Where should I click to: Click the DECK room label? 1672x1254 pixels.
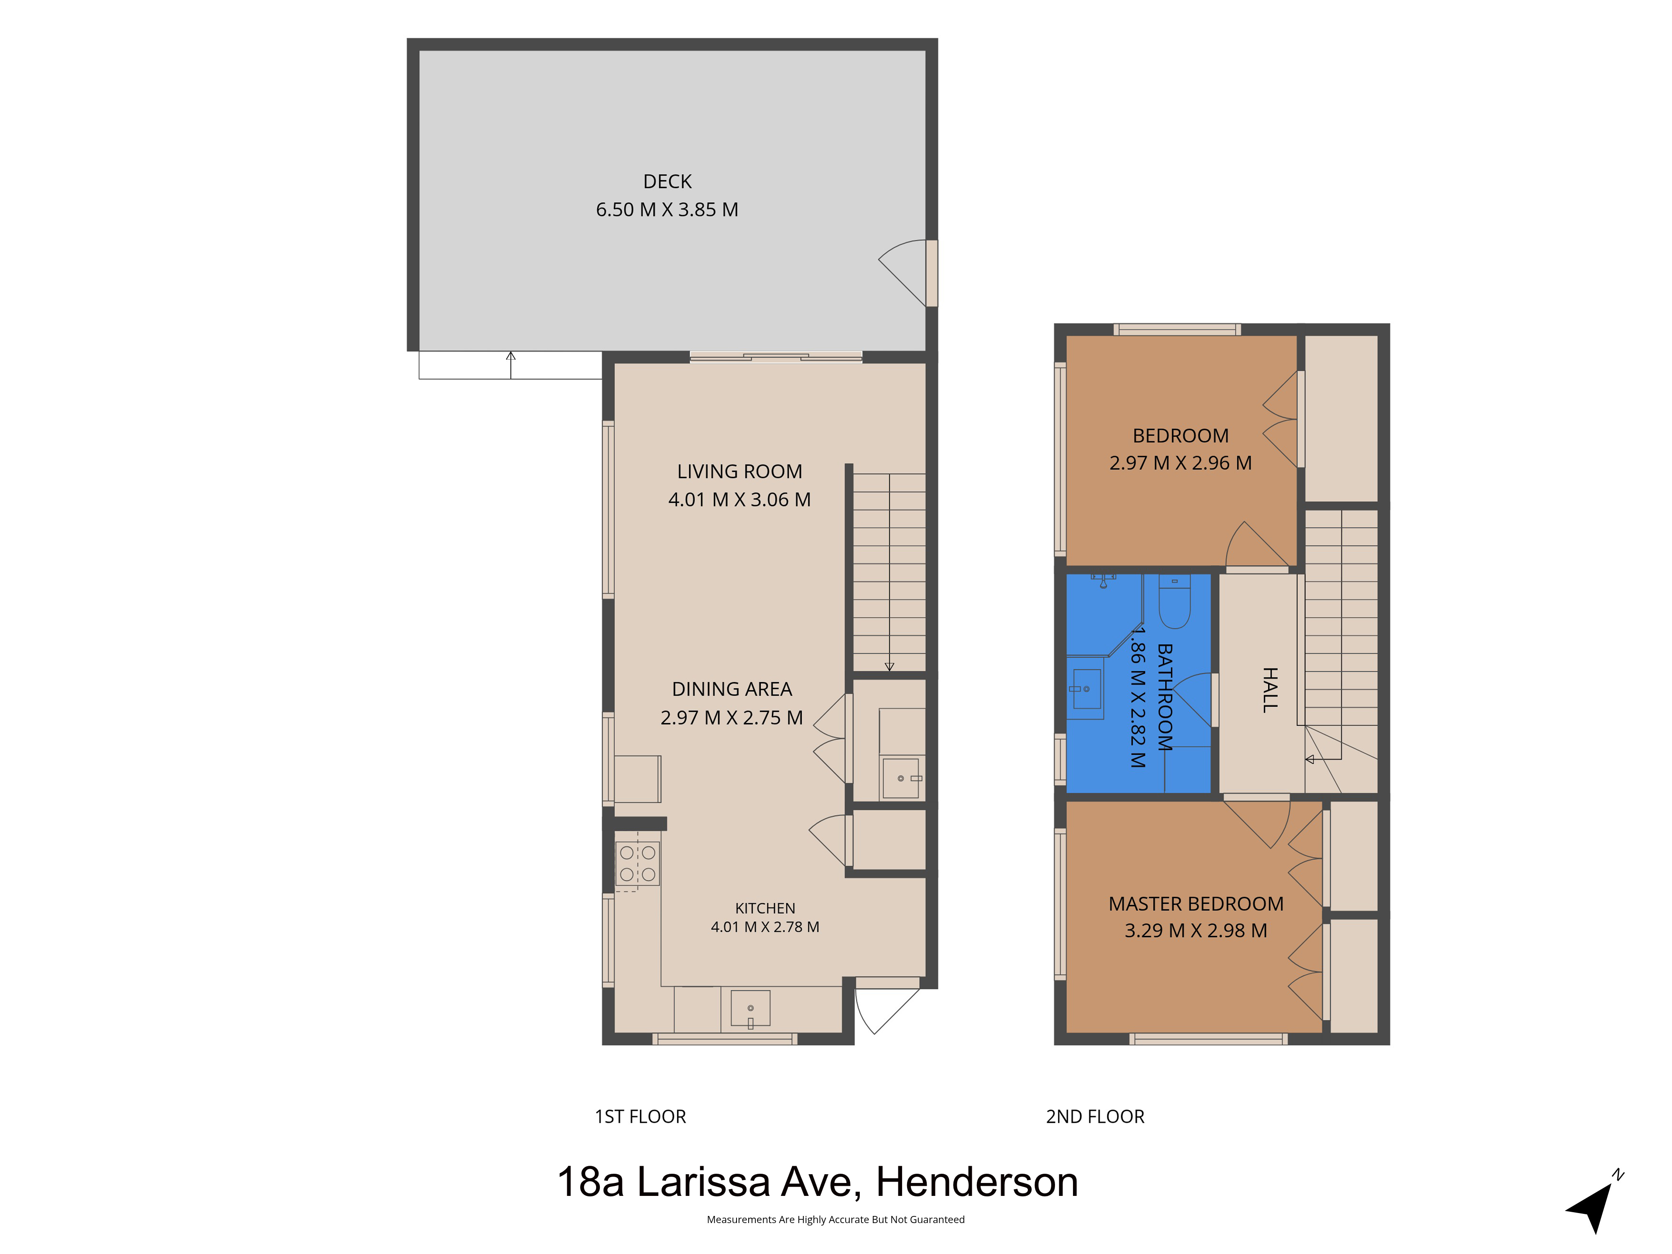coord(667,181)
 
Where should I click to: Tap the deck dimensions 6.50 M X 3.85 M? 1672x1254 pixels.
coord(667,209)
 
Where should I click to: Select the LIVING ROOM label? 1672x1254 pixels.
coord(739,472)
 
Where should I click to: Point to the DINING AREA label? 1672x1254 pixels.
coord(731,689)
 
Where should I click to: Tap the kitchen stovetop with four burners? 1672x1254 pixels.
coord(637,863)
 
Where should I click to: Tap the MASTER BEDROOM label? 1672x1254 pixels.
coord(1196,904)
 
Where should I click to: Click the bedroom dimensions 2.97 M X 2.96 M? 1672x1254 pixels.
coord(1181,463)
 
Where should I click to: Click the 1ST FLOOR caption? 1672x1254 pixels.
coord(640,1116)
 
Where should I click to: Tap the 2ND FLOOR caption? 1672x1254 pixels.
coord(1095,1116)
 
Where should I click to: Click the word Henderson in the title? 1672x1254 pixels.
coord(976,1182)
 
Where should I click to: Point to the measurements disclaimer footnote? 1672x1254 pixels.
coord(835,1219)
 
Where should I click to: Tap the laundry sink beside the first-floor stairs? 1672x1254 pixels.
coord(902,778)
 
